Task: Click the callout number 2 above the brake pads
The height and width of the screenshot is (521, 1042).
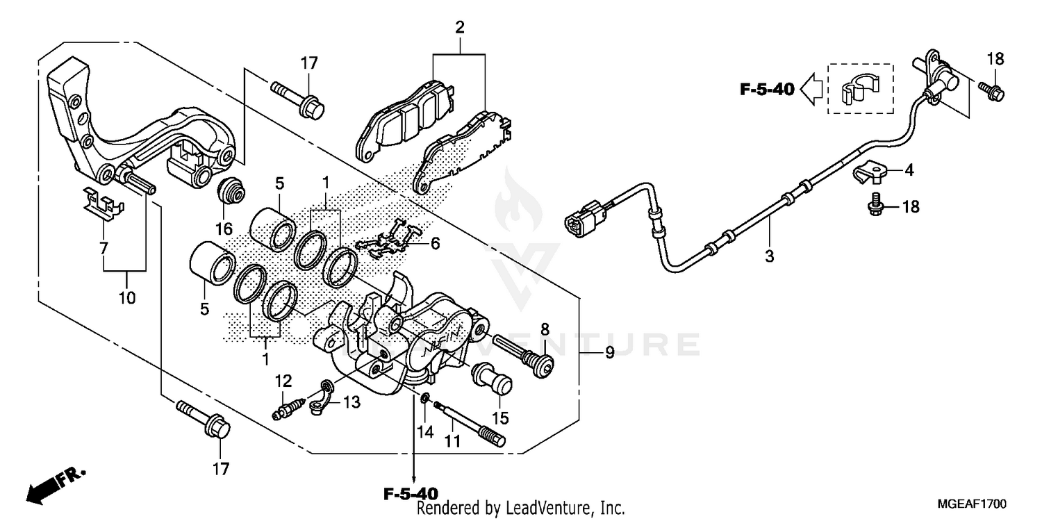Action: [459, 28]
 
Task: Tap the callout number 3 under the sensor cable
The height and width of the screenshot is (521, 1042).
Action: [769, 256]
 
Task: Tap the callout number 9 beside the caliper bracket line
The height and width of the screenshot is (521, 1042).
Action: [609, 353]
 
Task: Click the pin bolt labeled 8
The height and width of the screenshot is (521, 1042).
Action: [524, 353]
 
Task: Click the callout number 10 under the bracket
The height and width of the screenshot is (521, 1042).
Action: [126, 298]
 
